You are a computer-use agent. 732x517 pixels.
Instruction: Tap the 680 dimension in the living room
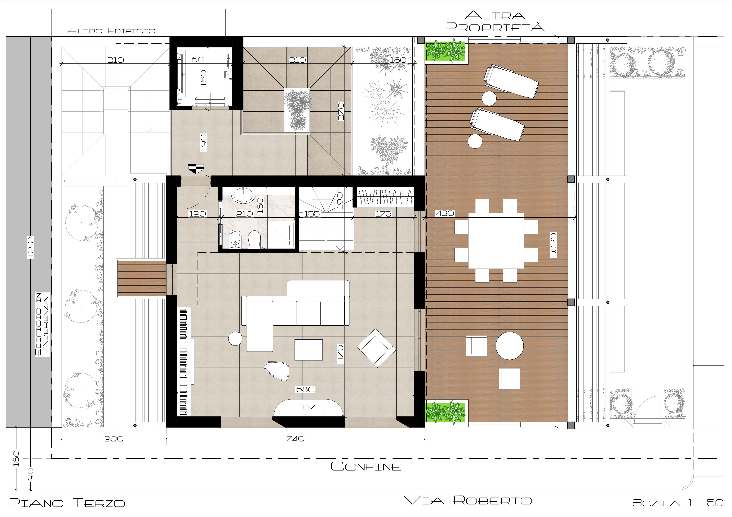coord(305,389)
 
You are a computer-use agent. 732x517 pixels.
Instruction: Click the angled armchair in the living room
coord(376,348)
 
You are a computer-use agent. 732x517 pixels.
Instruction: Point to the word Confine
coord(366,467)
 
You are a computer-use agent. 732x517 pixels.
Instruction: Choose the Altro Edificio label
coord(111,31)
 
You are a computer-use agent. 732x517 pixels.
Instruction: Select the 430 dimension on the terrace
coord(445,213)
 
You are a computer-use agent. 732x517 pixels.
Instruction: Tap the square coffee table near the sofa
coord(308,350)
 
